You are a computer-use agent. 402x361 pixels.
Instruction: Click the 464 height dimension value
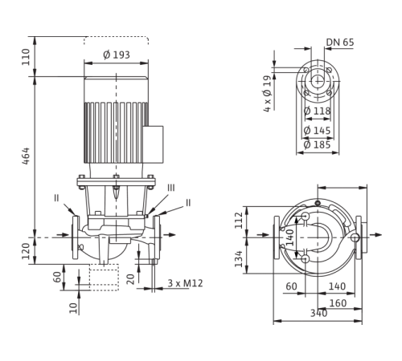click(27, 156)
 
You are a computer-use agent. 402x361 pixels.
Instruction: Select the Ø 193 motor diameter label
click(117, 55)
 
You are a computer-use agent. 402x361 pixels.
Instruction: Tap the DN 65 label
click(340, 43)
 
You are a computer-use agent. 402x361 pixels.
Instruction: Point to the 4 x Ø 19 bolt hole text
click(268, 94)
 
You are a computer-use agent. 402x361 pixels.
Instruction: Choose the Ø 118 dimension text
click(318, 111)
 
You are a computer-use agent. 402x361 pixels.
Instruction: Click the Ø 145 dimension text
click(318, 131)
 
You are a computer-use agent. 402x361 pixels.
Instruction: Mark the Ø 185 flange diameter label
click(318, 145)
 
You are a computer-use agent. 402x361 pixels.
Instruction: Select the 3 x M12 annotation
click(185, 283)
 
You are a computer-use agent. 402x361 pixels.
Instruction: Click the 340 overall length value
click(318, 313)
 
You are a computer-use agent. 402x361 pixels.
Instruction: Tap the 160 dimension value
click(338, 303)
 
